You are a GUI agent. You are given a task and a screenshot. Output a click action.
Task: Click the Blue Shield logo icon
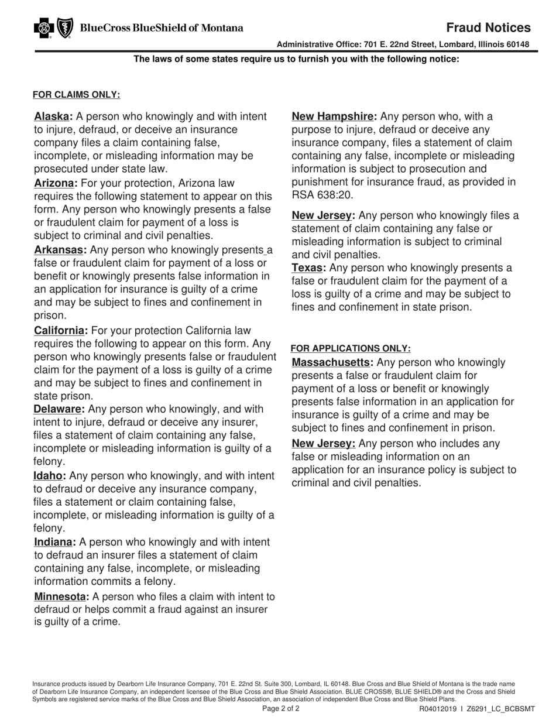[x=64, y=28]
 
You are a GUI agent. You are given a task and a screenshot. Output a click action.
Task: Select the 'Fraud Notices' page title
[x=488, y=28]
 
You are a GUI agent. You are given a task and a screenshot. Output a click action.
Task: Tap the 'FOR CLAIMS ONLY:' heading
[x=76, y=94]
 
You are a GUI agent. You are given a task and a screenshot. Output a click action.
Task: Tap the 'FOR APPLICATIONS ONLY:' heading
[x=351, y=348]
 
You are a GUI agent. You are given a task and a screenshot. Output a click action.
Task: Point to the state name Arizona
[x=56, y=183]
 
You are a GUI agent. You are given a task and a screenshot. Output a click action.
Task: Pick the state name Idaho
[x=50, y=475]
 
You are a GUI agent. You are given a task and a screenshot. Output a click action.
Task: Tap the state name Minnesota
[x=61, y=596]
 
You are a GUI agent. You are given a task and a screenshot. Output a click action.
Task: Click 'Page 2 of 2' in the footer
[x=281, y=708]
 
